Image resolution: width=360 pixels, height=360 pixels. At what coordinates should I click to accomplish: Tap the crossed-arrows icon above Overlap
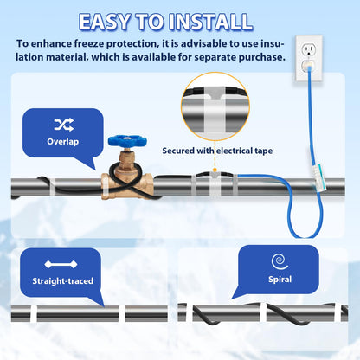pyautogui.click(x=63, y=124)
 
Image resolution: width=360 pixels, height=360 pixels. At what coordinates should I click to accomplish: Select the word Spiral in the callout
pyautogui.click(x=280, y=280)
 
